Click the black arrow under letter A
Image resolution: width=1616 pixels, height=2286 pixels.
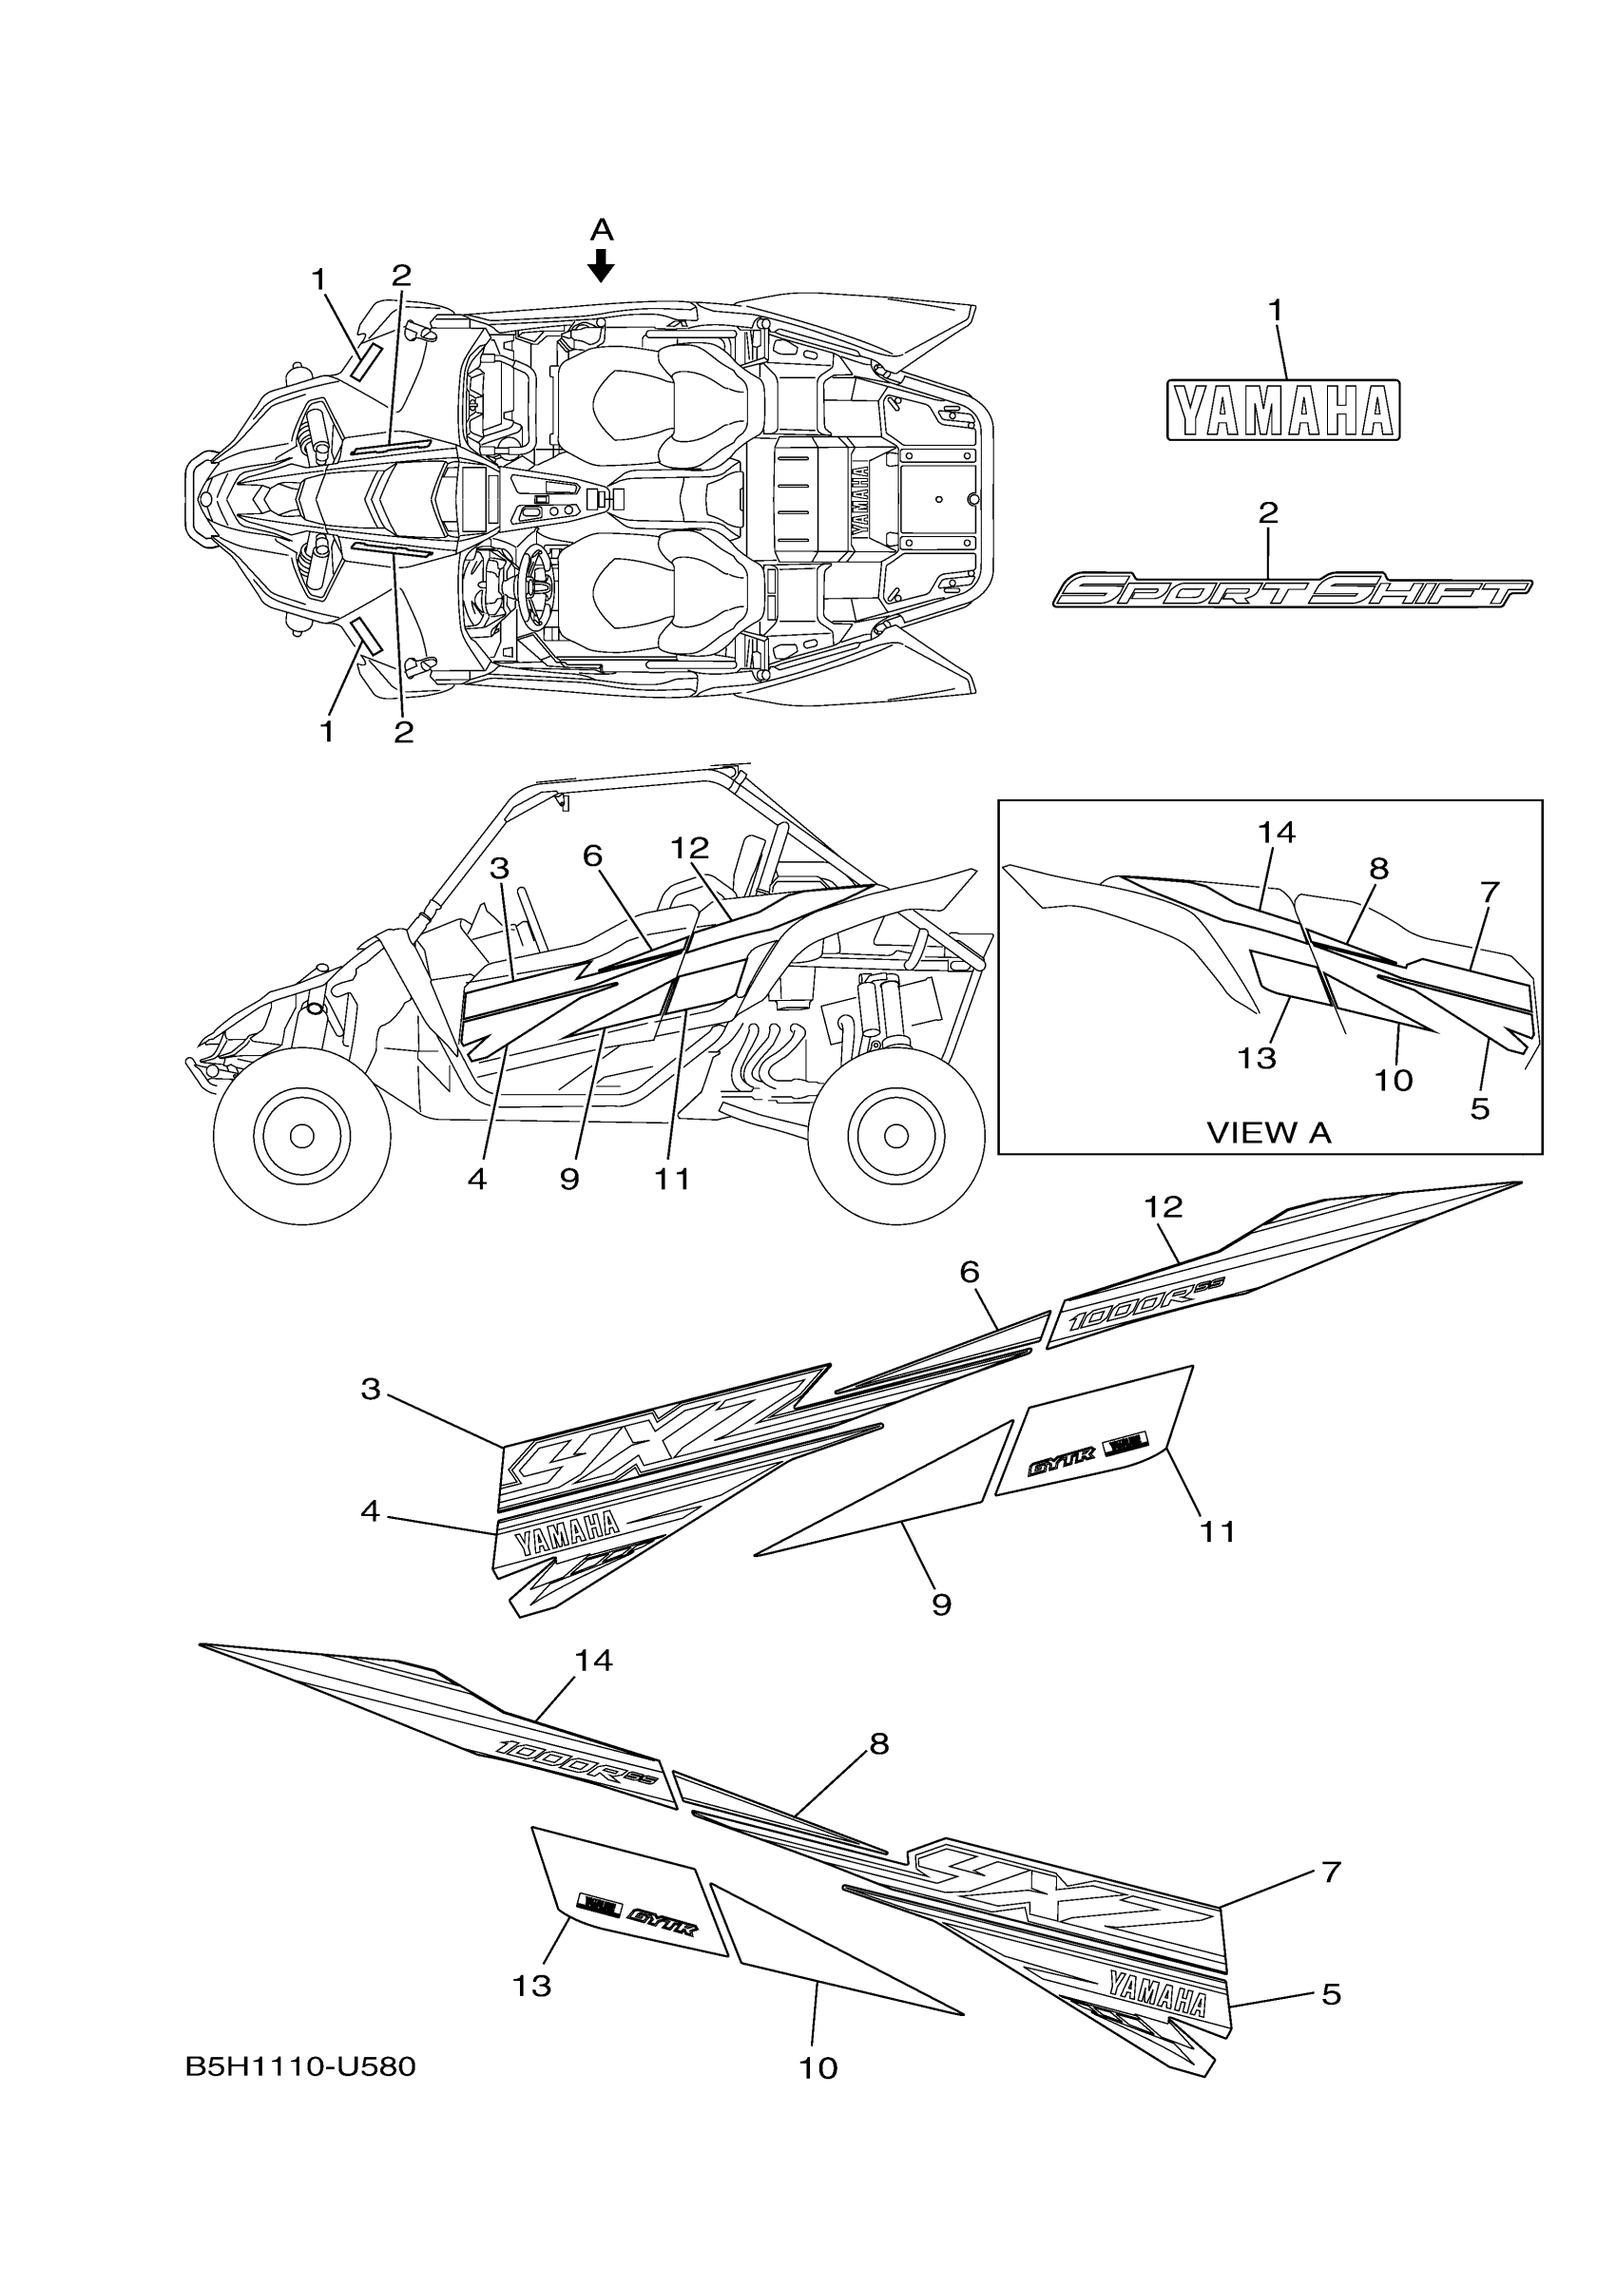601,265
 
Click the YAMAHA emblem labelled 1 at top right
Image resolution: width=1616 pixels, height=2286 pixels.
1282,411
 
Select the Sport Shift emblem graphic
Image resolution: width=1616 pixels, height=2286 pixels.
1292,590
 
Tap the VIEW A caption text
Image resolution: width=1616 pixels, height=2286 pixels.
1268,1132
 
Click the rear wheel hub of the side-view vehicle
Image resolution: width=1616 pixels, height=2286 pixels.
895,1134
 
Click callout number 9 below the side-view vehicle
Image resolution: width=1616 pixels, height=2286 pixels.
568,1179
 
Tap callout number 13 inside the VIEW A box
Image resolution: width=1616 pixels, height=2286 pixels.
1257,1057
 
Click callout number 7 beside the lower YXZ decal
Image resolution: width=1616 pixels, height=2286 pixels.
1331,1872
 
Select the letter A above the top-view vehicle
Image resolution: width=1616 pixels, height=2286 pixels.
602,231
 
